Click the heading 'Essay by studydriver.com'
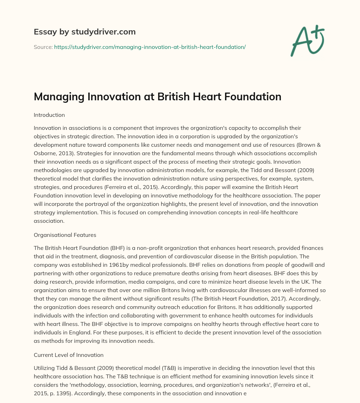click(84, 32)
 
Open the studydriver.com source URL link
click(150, 47)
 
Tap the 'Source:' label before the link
click(43, 47)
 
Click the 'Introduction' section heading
click(49, 115)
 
